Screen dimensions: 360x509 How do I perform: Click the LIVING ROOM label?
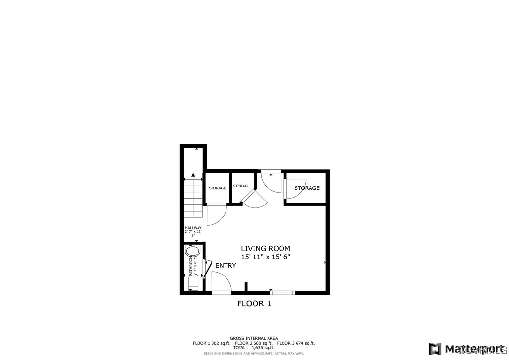click(x=266, y=248)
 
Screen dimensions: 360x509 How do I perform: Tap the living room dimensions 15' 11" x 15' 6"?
click(x=266, y=257)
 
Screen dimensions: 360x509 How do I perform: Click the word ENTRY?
click(x=226, y=266)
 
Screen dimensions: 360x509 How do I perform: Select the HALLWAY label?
click(x=193, y=228)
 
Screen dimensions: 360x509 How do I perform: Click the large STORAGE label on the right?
click(x=307, y=188)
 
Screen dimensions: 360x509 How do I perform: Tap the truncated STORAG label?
click(x=240, y=186)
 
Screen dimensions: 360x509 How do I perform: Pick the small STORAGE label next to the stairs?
click(x=217, y=188)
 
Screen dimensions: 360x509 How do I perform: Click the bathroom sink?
click(x=192, y=251)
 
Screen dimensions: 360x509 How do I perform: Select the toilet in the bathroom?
click(x=193, y=283)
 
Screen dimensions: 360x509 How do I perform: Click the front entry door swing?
click(x=221, y=283)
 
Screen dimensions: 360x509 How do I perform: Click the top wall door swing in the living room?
click(x=270, y=181)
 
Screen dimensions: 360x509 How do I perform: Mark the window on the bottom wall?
click(x=283, y=292)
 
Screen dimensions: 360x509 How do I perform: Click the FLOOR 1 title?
click(x=254, y=303)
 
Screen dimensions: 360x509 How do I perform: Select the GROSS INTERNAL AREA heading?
click(x=254, y=338)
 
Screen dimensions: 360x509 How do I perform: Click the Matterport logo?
click(x=466, y=348)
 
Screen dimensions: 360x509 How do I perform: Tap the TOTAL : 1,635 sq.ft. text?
click(x=254, y=348)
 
